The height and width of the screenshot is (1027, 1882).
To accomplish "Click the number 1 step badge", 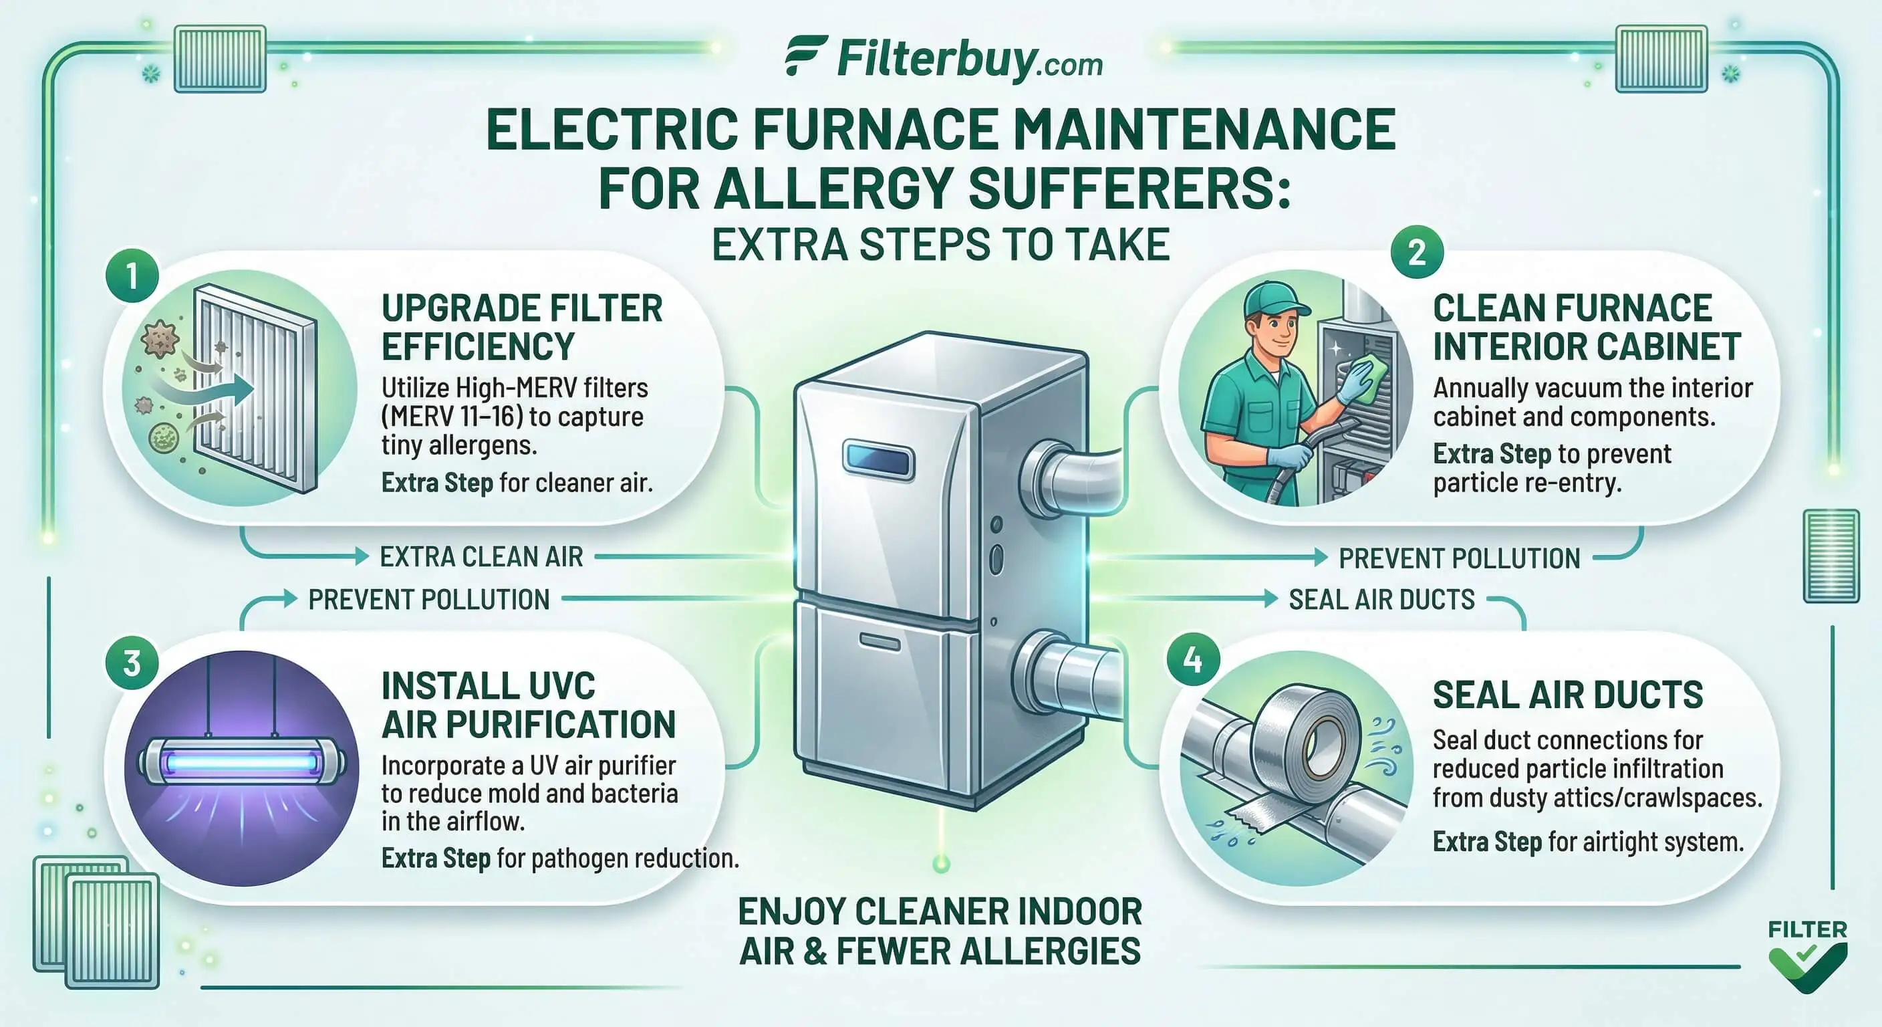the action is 132,277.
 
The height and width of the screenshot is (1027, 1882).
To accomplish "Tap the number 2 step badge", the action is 1417,252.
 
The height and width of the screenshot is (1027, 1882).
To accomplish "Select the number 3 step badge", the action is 132,664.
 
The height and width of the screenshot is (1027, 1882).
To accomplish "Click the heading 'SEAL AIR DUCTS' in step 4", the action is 1567,695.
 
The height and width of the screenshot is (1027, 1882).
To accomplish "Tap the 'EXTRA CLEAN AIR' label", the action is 481,557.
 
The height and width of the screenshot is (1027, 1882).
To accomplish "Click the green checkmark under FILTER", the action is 1807,967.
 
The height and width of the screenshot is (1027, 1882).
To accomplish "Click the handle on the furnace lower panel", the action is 880,642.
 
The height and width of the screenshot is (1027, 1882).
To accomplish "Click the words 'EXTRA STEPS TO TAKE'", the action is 941,244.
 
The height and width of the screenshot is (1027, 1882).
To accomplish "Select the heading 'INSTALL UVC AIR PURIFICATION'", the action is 528,705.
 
